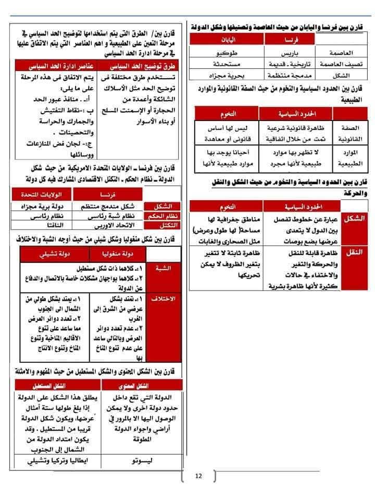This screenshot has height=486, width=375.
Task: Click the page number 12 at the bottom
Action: click(x=198, y=475)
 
